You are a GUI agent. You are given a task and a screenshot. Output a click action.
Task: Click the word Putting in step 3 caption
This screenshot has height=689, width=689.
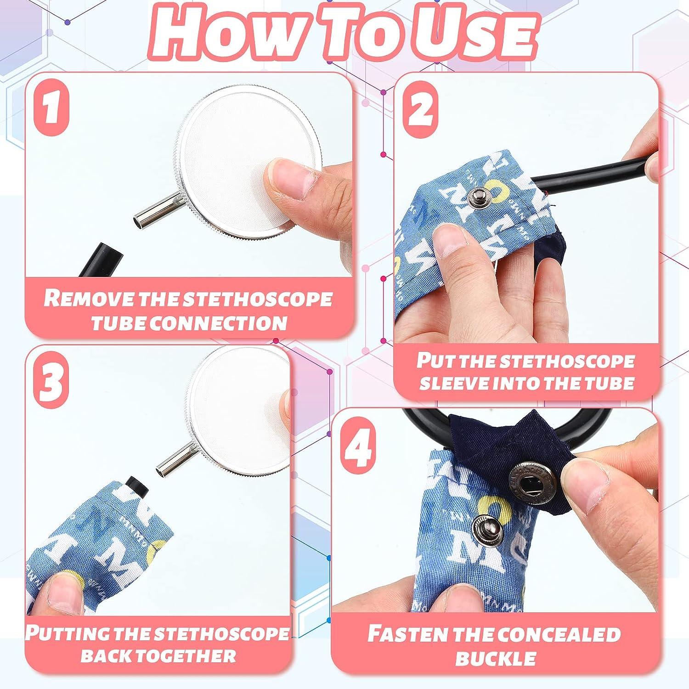(x=68, y=633)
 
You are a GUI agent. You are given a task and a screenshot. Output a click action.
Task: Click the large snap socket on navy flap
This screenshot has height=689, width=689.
(x=532, y=480)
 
